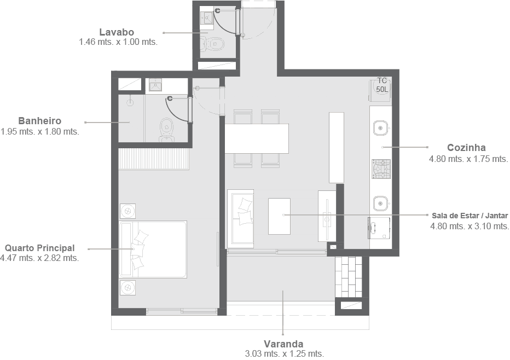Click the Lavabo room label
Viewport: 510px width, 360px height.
117,32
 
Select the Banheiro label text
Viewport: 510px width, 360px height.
40,121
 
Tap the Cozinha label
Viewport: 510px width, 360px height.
466,148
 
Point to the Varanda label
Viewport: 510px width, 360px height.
283,344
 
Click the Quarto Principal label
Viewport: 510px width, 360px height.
40,248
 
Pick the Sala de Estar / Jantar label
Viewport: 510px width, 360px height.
470,216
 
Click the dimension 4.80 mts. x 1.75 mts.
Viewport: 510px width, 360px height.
468,159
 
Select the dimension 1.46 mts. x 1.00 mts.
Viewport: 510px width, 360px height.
118,42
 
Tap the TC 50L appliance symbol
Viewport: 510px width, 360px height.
380,88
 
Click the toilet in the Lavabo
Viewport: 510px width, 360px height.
212,44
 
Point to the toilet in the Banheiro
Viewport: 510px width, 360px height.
166,130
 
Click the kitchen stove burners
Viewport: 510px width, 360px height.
381,169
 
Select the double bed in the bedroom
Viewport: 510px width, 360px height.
153,249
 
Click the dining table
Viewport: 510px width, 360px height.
257,138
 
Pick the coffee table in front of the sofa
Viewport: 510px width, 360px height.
280,216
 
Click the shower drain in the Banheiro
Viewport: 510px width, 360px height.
130,103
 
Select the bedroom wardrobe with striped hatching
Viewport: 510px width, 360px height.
154,159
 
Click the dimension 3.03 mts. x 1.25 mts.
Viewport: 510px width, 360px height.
285,354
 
